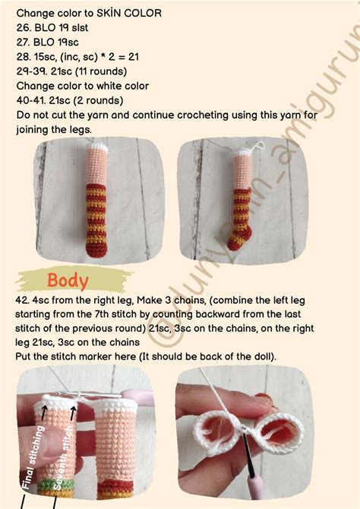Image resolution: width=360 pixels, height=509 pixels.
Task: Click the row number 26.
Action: [x=24, y=27]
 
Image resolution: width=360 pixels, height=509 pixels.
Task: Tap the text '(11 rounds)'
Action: [x=101, y=71]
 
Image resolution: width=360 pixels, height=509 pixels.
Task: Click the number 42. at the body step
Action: [x=22, y=300]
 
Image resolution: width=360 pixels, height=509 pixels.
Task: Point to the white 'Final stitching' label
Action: [x=33, y=457]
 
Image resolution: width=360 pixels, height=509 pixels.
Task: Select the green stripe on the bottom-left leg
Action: [x=54, y=485]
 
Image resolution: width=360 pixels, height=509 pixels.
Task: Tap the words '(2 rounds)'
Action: [x=99, y=100]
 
